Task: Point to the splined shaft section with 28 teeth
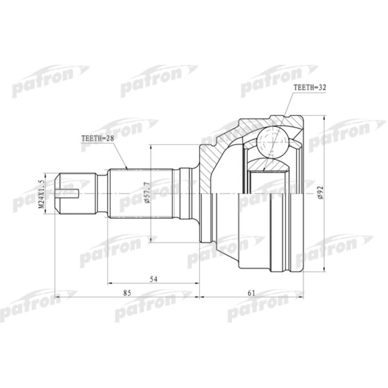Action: pyautogui.click(x=141, y=177)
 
